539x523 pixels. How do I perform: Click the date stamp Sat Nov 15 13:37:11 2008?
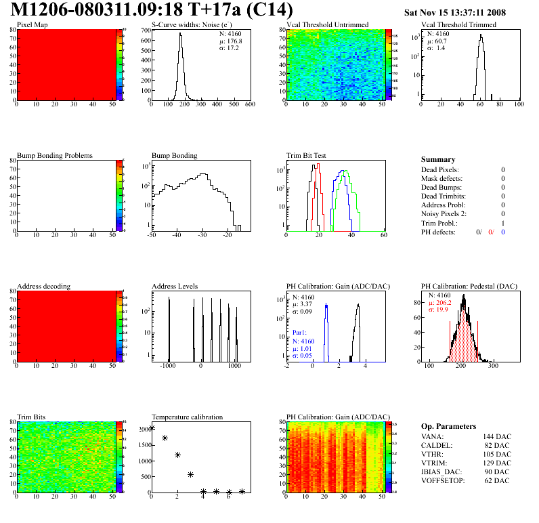click(454, 12)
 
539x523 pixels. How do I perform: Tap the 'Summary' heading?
click(437, 159)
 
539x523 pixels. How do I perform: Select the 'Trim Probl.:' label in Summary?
click(439, 223)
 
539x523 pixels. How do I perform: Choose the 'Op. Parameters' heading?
click(448, 426)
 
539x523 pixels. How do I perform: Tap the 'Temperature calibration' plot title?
click(187, 417)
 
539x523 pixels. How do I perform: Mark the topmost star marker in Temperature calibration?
click(152, 427)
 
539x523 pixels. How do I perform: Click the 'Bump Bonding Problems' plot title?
click(54, 155)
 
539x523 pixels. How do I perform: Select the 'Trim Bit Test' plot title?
click(307, 155)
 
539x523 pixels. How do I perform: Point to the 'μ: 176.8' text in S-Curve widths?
click(232, 41)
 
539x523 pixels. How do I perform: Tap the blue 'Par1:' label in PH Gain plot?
click(299, 333)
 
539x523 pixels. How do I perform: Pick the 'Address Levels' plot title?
click(175, 287)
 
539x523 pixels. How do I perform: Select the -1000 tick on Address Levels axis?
click(168, 365)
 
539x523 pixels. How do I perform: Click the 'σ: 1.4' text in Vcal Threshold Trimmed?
click(436, 47)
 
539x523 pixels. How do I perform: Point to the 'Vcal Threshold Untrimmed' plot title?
click(327, 24)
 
